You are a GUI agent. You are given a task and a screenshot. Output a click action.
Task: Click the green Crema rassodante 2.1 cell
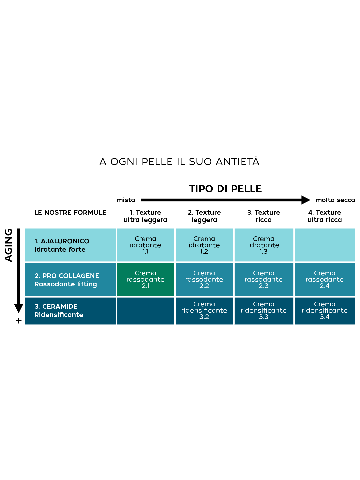145,279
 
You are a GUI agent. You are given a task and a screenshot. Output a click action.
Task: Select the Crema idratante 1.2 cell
204,245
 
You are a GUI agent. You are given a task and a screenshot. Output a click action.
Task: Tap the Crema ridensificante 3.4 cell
325,311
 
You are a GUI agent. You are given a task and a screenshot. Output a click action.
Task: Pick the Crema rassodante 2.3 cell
264,279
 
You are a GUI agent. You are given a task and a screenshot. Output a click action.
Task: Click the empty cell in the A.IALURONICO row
325,245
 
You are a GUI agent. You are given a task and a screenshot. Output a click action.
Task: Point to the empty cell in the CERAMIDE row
145,311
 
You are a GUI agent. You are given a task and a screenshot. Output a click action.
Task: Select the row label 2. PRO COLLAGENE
67,276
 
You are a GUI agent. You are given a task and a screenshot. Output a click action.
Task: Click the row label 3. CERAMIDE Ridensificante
59,311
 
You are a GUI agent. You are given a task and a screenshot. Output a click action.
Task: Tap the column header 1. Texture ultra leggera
145,216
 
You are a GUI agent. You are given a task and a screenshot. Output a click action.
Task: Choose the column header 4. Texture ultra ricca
325,216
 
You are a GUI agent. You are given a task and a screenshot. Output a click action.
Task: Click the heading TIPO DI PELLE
225,189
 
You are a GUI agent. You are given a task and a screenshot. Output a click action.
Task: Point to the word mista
126,200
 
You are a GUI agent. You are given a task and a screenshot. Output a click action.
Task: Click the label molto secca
335,200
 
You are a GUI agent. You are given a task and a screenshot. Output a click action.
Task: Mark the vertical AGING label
8,245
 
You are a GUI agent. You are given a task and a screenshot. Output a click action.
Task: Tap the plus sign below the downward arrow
19,321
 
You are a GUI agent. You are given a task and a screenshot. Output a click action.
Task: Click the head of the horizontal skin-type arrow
305,200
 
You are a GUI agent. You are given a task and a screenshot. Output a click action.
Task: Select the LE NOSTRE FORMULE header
70,213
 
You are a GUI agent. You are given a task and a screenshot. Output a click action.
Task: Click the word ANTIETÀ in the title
237,162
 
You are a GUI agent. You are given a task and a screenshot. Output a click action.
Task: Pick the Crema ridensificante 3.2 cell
204,311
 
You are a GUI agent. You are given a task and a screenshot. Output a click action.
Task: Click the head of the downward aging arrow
19,308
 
